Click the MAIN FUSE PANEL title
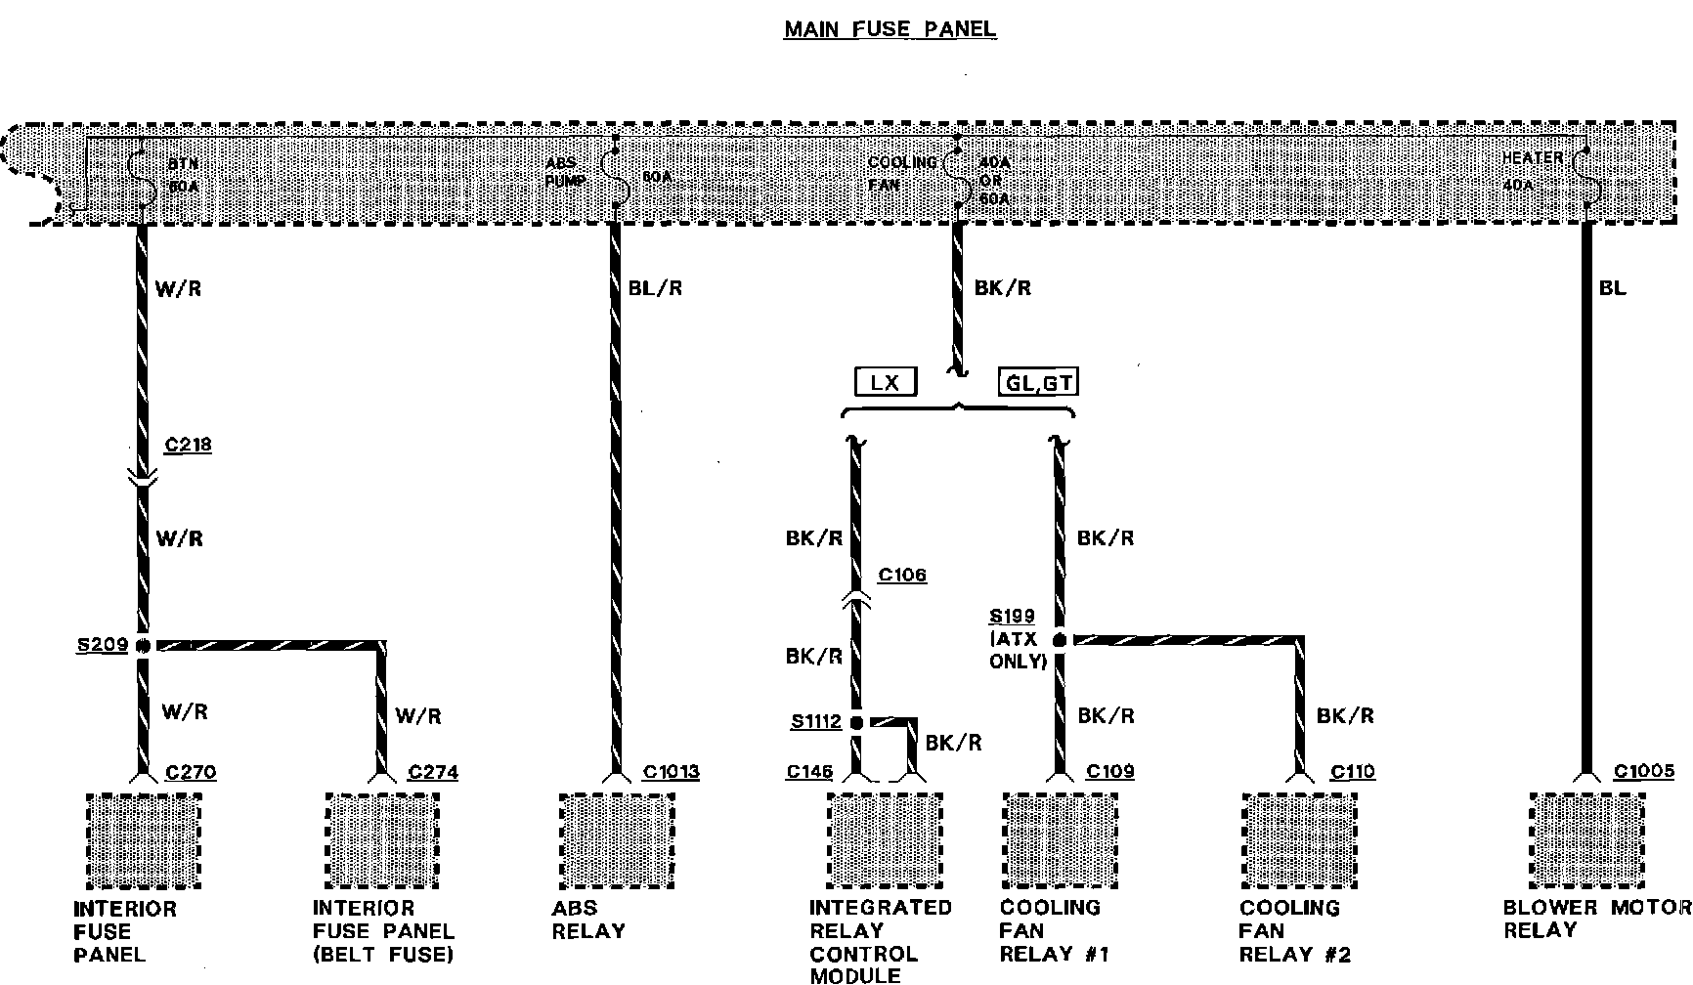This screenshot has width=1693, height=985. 890,28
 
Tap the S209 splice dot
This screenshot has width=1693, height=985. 143,645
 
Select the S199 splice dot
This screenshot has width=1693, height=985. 1059,640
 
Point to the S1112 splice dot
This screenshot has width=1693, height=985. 856,723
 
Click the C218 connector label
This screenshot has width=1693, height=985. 188,446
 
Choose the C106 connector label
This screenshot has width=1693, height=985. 901,575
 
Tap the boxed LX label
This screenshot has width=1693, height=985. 885,382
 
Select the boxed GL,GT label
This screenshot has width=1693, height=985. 1039,382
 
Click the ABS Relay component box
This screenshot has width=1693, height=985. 616,840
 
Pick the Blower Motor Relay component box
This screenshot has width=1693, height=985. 1587,840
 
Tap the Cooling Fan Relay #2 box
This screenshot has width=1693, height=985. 1299,840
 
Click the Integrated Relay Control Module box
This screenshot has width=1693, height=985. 885,840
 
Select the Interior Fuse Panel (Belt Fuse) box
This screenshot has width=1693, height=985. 381,840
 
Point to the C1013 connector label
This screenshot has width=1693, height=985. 671,772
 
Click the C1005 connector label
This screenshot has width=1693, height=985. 1644,772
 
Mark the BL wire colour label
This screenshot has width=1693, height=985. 1613,288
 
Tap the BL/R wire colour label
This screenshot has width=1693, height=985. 655,288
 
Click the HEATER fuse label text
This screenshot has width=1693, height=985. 1533,157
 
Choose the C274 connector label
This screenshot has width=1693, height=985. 433,772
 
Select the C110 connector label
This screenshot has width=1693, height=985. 1353,772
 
